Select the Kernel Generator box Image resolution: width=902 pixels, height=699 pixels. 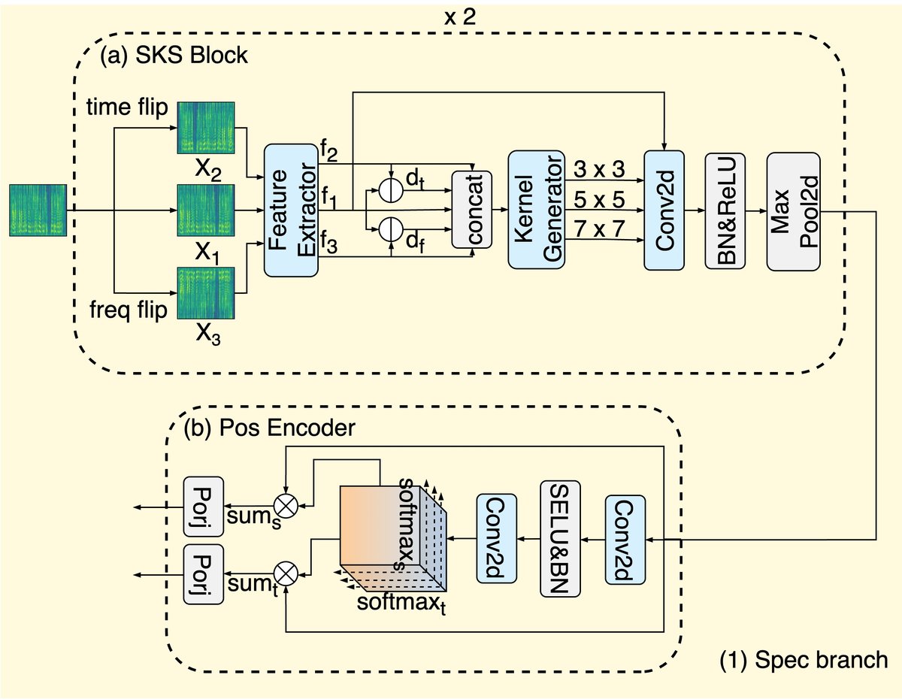click(535, 210)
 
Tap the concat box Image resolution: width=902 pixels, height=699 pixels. click(471, 210)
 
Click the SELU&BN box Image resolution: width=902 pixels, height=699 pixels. click(560, 538)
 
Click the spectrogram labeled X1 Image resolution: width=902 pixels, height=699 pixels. click(207, 210)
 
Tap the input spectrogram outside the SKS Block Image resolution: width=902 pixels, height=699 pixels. click(38, 210)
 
